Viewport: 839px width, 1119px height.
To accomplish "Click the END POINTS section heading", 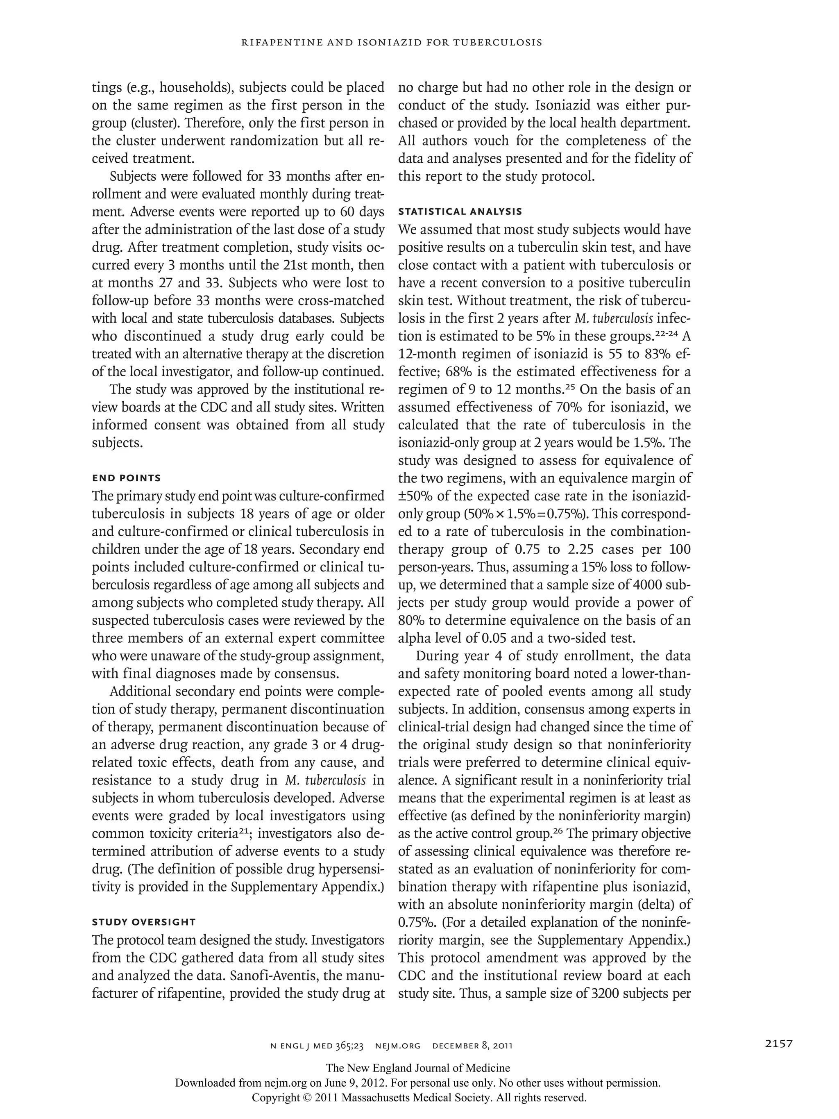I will pos(126,478).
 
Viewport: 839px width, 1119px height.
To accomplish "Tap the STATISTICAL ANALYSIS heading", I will pos(460,212).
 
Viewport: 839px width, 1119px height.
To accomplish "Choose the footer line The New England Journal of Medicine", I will pos(418,1069).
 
